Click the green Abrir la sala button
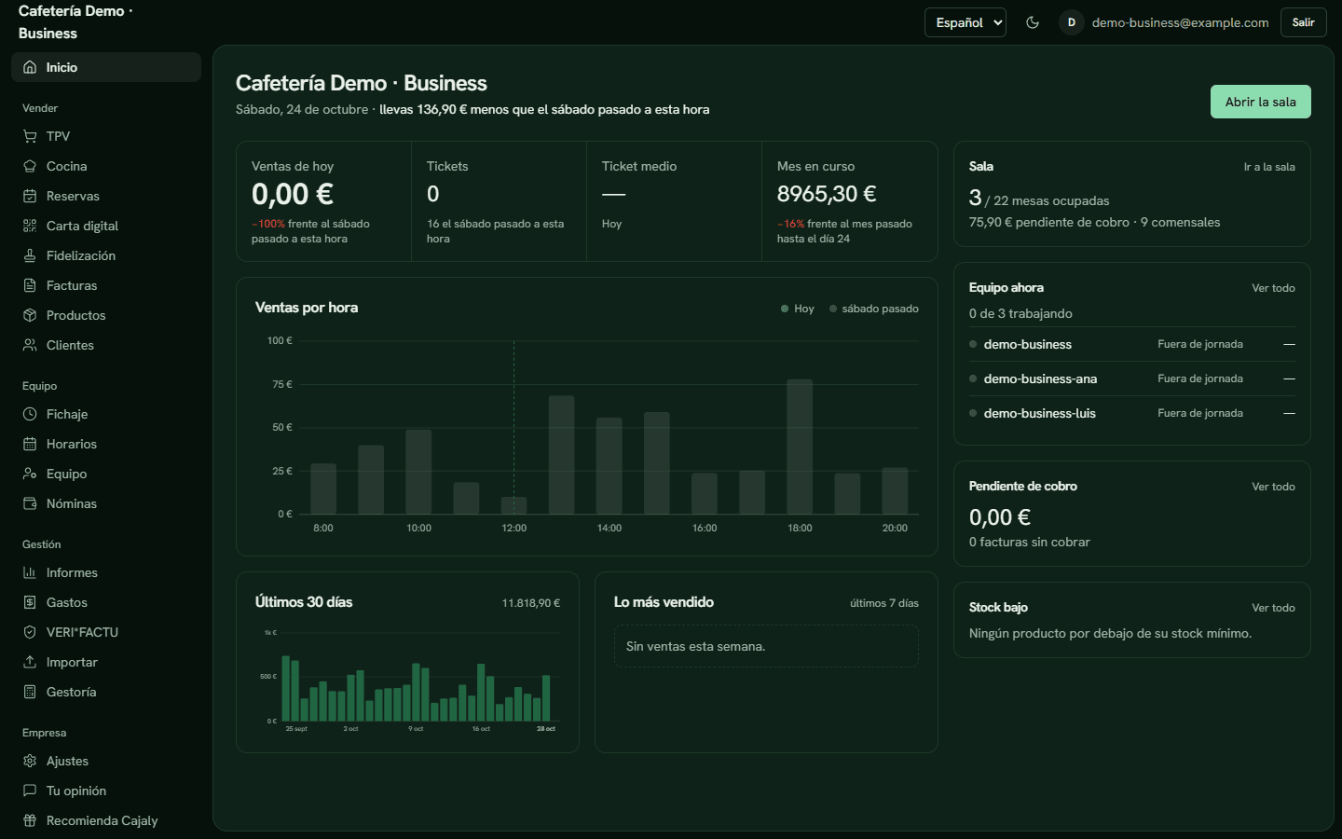coord(1260,102)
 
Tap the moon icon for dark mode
coord(1033,22)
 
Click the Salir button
coord(1303,22)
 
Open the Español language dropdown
coord(965,22)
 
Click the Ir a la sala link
coord(1269,167)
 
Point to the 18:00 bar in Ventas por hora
coord(800,447)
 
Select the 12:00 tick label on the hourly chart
coord(514,528)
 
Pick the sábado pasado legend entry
coord(873,309)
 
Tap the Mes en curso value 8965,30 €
coord(826,194)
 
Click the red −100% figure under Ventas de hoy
coord(267,224)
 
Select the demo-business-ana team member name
coord(1040,378)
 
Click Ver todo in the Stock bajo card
coord(1273,608)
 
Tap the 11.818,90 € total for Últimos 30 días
coord(531,603)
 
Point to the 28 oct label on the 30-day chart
coord(546,729)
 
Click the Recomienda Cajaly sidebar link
coord(89,820)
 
